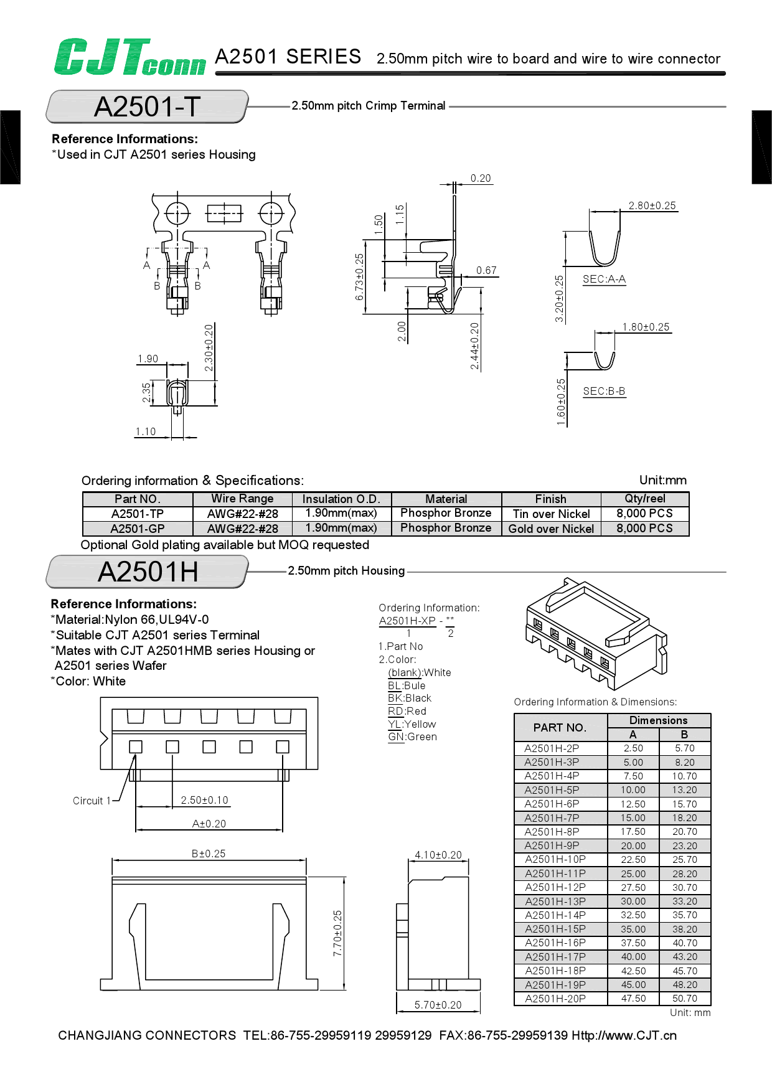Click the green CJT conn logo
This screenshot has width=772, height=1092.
pyautogui.click(x=129, y=57)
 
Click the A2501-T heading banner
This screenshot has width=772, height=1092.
pyautogui.click(x=147, y=106)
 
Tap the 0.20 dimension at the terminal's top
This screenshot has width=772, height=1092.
pyautogui.click(x=480, y=179)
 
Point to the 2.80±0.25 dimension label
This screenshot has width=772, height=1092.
pyautogui.click(x=651, y=206)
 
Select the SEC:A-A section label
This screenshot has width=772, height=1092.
pyautogui.click(x=603, y=280)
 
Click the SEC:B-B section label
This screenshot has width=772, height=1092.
pyautogui.click(x=603, y=392)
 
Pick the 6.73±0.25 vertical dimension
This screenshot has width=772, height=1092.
pyautogui.click(x=359, y=277)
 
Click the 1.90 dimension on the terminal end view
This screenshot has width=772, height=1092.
pyautogui.click(x=148, y=359)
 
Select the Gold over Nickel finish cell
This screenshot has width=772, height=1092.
pyautogui.click(x=551, y=529)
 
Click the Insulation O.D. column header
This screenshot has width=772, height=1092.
pyautogui.click(x=341, y=499)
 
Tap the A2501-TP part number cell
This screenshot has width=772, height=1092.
pyautogui.click(x=137, y=514)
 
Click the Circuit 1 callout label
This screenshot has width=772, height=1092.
pyautogui.click(x=91, y=801)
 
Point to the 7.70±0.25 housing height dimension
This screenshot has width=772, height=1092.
pyautogui.click(x=337, y=933)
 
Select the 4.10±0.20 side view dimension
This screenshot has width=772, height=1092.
pyautogui.click(x=438, y=855)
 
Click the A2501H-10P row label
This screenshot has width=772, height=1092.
pyautogui.click(x=555, y=860)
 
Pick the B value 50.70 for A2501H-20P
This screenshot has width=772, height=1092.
pyautogui.click(x=684, y=999)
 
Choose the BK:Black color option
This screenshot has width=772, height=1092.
pyautogui.click(x=409, y=699)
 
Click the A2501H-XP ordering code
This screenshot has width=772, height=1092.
pyautogui.click(x=407, y=621)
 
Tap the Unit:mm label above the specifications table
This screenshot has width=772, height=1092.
pyautogui.click(x=662, y=481)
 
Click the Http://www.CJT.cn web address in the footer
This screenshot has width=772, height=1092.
pyautogui.click(x=624, y=1035)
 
